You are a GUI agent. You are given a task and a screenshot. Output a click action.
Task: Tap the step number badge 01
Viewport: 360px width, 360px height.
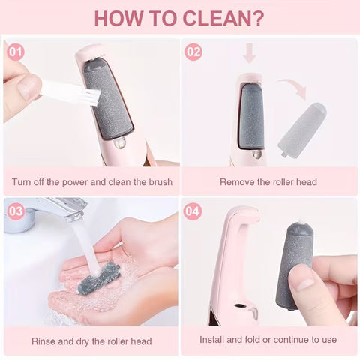click(15, 52)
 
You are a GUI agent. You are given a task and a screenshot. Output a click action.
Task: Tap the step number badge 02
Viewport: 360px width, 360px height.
click(193, 52)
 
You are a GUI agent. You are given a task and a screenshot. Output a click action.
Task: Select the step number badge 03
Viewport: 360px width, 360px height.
click(15, 211)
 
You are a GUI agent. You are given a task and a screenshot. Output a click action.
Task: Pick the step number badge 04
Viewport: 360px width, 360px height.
click(193, 211)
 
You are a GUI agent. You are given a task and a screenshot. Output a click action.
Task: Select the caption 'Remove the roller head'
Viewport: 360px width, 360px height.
click(268, 181)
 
